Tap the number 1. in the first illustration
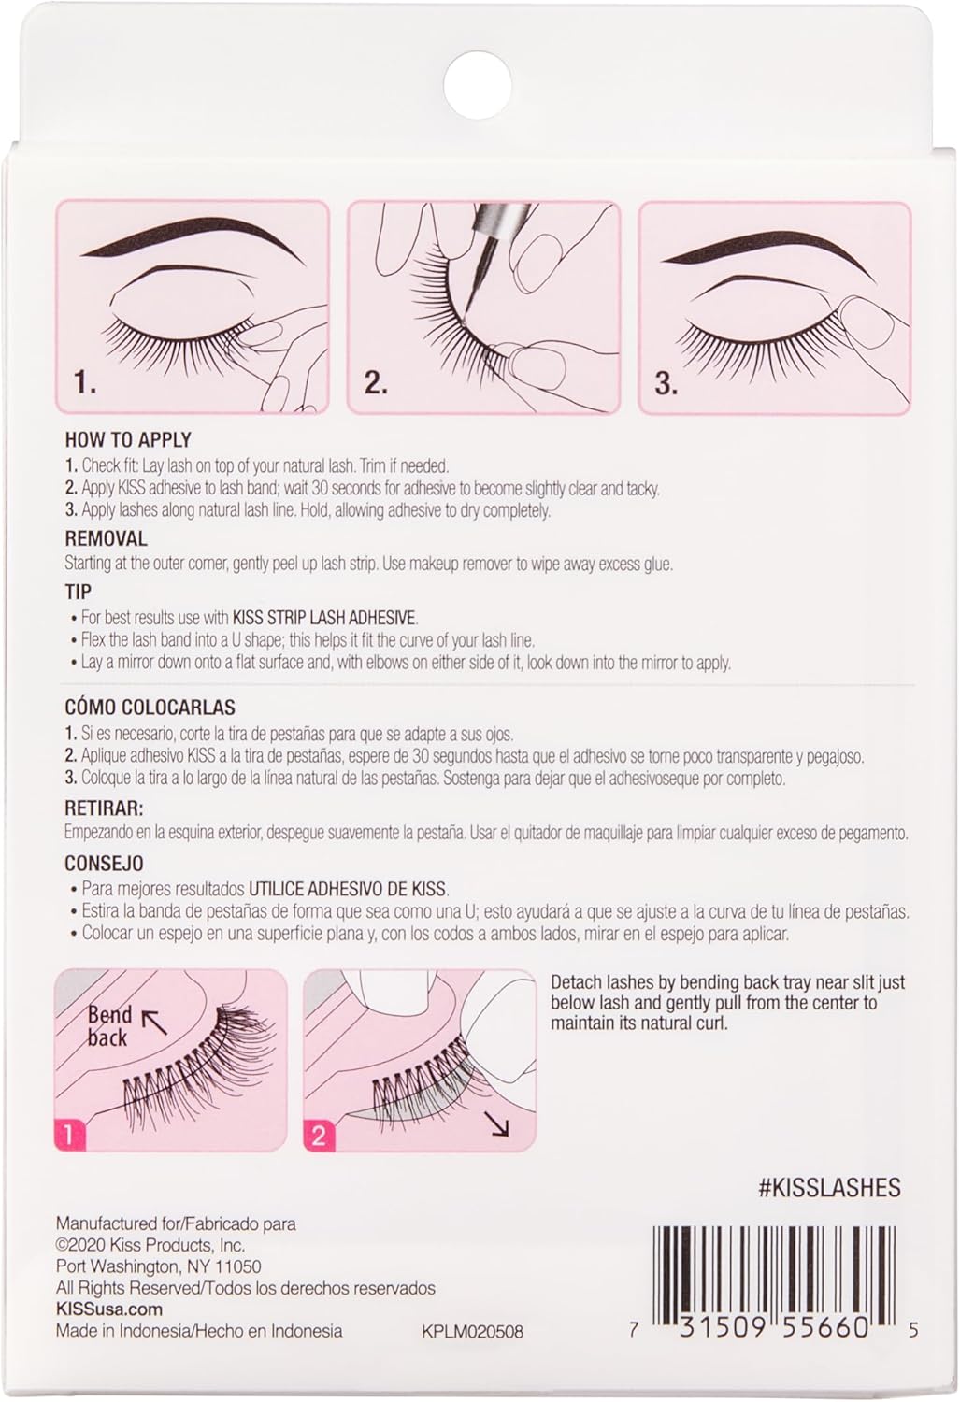[85, 382]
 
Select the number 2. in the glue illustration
[376, 382]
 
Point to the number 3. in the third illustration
[666, 383]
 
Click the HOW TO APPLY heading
[127, 439]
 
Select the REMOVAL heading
[106, 538]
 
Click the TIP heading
[78, 592]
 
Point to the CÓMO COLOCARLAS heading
[150, 708]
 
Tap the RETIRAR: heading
[104, 808]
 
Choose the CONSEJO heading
[104, 864]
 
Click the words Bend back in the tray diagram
[109, 1025]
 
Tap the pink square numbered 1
[68, 1136]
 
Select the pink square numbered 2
[319, 1136]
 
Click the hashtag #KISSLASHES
[828, 1188]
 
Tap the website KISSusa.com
[108, 1309]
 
